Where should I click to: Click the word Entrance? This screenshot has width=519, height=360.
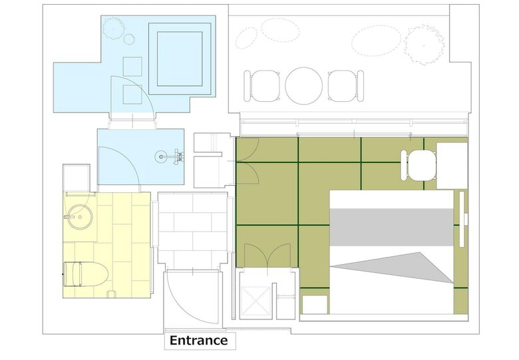coord(198,341)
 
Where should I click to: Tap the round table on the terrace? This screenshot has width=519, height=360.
coord(303,86)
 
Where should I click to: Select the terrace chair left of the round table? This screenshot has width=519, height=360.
coord(262,86)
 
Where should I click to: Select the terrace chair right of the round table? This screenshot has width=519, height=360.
coord(345,86)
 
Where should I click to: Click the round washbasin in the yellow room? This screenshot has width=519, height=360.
coord(80,217)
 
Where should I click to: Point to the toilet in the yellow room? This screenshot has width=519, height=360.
coord(85,274)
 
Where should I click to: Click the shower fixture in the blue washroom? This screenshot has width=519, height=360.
coord(171,156)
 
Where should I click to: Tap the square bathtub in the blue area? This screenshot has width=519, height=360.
coord(180,59)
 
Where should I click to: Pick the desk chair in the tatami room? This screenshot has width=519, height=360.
coord(419,165)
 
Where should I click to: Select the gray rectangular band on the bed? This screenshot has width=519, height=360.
coord(391,227)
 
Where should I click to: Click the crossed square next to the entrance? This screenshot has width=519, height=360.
coord(256,301)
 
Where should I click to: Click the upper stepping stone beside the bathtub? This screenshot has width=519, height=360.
coord(132,67)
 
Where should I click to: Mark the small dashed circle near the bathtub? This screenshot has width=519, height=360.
coord(129,39)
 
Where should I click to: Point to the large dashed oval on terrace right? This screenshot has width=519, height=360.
coord(376,41)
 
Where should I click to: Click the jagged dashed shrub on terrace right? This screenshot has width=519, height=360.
coord(425,45)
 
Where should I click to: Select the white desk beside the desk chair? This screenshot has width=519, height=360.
coord(452,166)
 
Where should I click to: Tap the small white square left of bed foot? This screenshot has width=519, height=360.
coord(315,304)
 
